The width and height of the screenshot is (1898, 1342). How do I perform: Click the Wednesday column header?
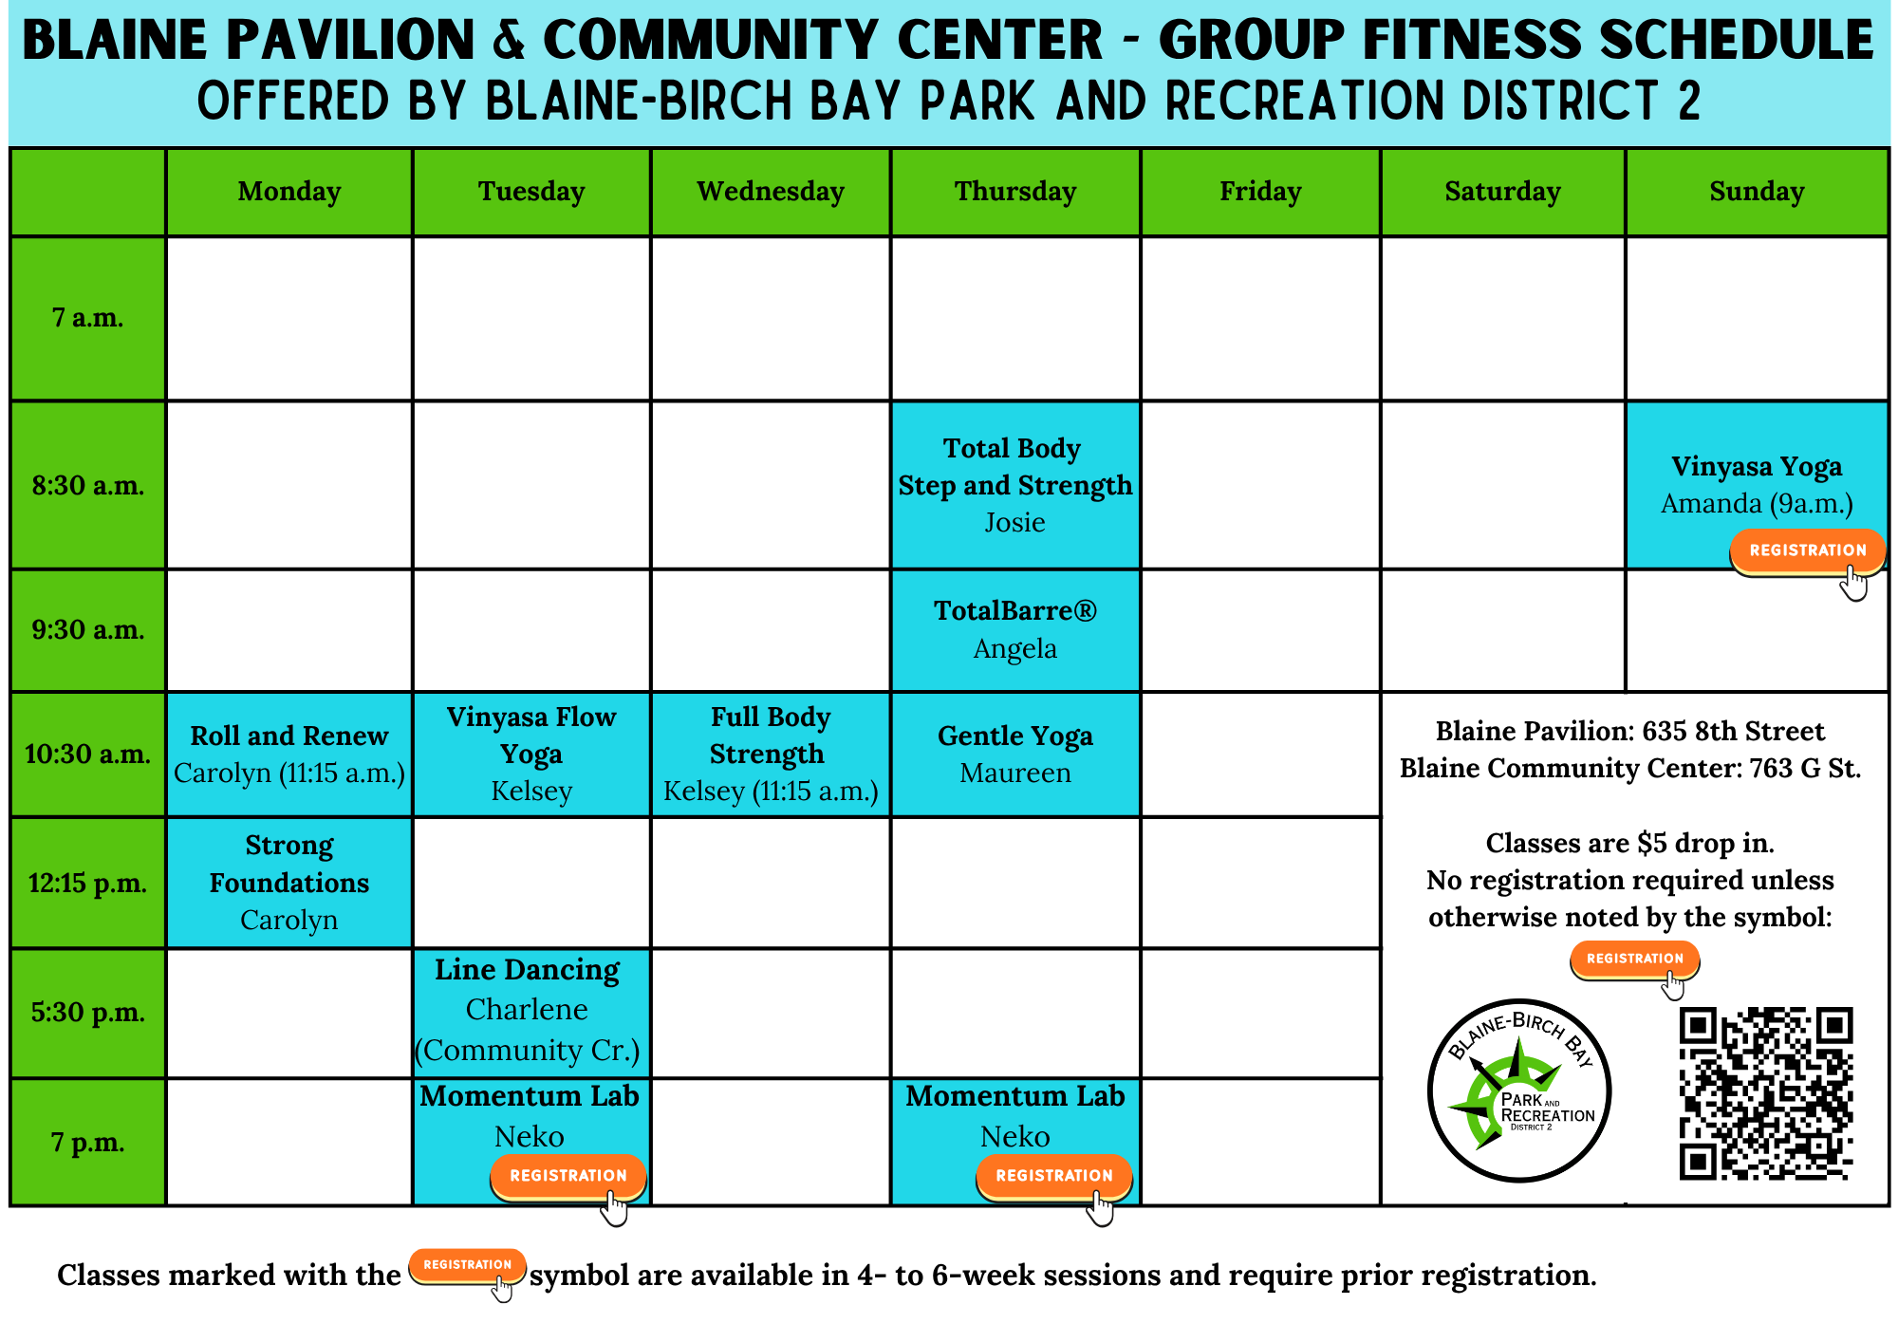(771, 192)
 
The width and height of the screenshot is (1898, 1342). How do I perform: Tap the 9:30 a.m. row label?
(88, 630)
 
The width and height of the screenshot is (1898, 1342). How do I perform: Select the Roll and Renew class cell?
(289, 755)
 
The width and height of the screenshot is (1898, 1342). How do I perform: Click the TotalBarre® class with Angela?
(1015, 630)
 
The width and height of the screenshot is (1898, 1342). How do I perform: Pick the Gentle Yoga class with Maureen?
(1015, 755)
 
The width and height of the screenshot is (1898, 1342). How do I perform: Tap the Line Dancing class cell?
(531, 1013)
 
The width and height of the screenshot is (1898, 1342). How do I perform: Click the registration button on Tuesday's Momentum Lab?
(568, 1177)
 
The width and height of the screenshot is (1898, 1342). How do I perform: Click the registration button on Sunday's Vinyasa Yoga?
(1808, 551)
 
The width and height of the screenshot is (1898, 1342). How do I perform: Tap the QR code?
(1766, 1093)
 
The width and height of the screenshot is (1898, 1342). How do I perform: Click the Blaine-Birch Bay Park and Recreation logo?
(1519, 1091)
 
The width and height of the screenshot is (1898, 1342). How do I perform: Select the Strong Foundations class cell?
(289, 883)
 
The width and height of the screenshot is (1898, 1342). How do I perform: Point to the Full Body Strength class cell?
(771, 755)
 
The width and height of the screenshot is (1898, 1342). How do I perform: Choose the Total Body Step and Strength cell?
(1015, 485)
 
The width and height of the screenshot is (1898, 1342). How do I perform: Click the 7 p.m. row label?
(88, 1143)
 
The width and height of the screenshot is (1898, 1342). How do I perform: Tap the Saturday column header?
(1503, 192)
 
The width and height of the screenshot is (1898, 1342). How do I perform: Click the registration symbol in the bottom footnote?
(467, 1267)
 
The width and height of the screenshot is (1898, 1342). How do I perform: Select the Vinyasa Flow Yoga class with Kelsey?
(531, 755)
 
